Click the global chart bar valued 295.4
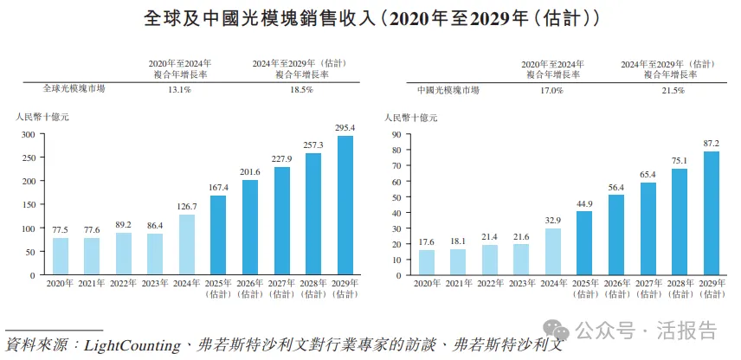(345, 205)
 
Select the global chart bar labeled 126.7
(187, 244)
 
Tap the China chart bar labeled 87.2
(710, 213)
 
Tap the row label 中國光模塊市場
(448, 89)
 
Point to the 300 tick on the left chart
(29, 135)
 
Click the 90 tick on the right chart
(396, 135)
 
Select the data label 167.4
(219, 188)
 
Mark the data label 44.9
(583, 203)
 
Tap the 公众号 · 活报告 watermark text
(646, 331)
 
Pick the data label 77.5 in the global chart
(61, 229)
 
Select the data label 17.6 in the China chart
(426, 242)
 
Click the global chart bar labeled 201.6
(250, 227)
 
